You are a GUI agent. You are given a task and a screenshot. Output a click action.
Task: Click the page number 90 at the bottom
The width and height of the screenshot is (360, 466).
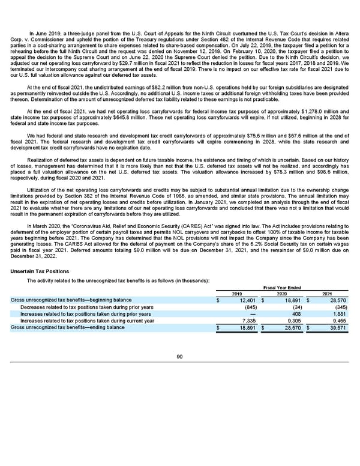(180, 356)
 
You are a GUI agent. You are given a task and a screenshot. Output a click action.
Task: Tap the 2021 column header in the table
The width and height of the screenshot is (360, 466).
(326, 293)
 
